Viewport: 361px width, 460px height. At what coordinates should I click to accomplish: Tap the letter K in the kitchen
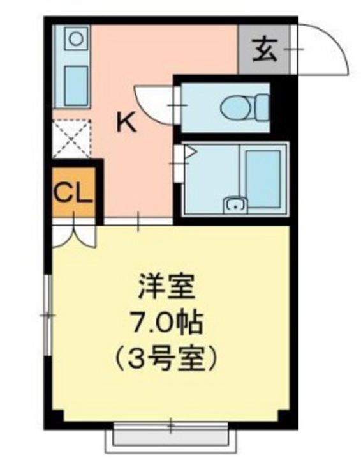(x=126, y=122)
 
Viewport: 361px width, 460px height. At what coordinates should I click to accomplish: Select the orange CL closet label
(x=73, y=192)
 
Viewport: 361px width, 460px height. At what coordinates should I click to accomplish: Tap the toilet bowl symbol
(x=235, y=107)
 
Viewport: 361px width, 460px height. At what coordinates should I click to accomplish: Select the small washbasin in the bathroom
(x=235, y=205)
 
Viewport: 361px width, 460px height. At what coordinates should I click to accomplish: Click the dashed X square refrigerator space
(x=71, y=139)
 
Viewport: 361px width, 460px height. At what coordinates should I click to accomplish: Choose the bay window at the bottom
(x=170, y=436)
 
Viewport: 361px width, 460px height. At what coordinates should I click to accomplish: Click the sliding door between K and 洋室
(x=138, y=221)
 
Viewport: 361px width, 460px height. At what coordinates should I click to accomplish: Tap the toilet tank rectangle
(x=261, y=107)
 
